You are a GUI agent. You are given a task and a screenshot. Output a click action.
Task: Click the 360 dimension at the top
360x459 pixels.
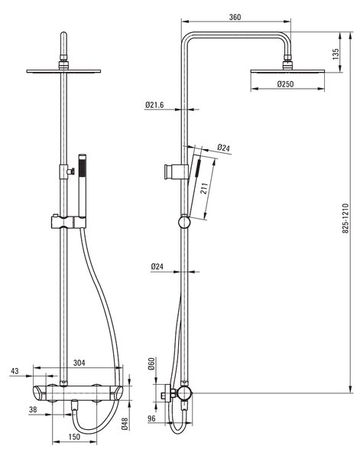pyautogui.click(x=235, y=17)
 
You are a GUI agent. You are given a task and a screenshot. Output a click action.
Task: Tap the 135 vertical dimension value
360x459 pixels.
pyautogui.click(x=336, y=54)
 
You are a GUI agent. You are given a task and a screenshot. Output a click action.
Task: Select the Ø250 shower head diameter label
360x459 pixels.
pyautogui.click(x=285, y=84)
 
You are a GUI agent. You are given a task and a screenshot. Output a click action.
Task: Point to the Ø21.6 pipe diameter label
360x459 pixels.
pyautogui.click(x=154, y=105)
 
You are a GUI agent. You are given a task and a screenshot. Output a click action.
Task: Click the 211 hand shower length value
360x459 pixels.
pyautogui.click(x=204, y=188)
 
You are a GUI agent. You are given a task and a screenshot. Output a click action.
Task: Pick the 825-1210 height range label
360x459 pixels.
pyautogui.click(x=345, y=218)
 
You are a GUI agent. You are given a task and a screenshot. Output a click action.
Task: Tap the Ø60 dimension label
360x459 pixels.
pyautogui.click(x=151, y=364)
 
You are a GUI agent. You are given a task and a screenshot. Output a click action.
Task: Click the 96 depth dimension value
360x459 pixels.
pyautogui.click(x=151, y=419)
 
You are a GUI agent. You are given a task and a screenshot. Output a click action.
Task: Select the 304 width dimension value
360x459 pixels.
pyautogui.click(x=79, y=363)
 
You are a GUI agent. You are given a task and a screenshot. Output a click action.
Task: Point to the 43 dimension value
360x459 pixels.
pyautogui.click(x=15, y=371)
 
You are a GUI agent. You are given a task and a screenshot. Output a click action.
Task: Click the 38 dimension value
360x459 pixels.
pyautogui.click(x=33, y=410)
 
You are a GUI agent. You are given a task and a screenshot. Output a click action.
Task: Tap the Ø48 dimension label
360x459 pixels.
pyautogui.click(x=125, y=424)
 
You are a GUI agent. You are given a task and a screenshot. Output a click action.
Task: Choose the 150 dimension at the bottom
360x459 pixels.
pyautogui.click(x=74, y=437)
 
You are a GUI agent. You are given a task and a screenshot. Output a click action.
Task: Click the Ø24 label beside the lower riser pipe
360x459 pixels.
pyautogui.click(x=157, y=267)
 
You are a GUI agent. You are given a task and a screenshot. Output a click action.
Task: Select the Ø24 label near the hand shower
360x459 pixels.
pyautogui.click(x=224, y=148)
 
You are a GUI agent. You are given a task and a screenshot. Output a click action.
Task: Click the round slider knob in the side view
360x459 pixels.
pyautogui.click(x=184, y=222)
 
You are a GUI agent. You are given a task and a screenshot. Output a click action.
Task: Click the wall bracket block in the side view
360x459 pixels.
pyautogui.click(x=176, y=172)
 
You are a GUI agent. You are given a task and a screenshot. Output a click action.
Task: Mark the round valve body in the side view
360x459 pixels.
pyautogui.click(x=184, y=393)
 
